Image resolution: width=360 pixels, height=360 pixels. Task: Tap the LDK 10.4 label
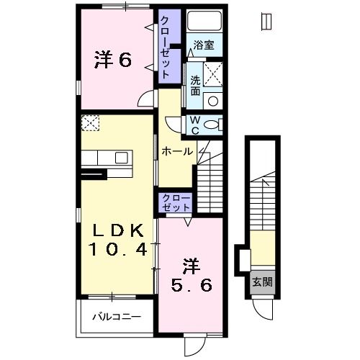pos(119,240)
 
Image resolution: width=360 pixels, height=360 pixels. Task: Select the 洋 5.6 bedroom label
pos(190,275)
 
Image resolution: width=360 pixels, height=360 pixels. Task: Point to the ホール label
pos(176,152)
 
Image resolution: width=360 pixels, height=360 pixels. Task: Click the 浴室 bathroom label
pos(204,45)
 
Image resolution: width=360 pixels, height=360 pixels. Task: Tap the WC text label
pos(194,126)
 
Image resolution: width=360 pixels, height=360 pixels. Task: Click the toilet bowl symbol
pos(212,125)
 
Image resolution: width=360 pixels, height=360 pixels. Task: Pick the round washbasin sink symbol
pos(212,100)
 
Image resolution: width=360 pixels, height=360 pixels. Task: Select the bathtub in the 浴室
pos(204,23)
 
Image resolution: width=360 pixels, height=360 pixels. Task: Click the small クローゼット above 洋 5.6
pos(176,202)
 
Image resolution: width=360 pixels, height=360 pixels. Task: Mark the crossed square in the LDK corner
pos(91,124)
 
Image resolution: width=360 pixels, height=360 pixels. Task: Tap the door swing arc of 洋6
pos(146,101)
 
